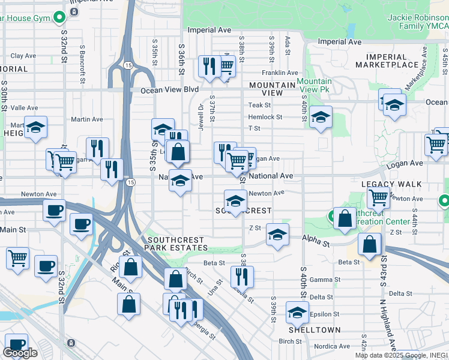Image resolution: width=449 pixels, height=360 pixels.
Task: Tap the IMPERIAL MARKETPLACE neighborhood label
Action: (x=395, y=61)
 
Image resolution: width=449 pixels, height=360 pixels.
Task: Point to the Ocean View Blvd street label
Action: (x=169, y=90)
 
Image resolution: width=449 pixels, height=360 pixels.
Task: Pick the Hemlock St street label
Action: (x=265, y=117)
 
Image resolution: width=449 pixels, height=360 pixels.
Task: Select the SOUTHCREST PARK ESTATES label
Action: (x=178, y=243)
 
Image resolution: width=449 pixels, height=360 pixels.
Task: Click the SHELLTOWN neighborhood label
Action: (x=314, y=330)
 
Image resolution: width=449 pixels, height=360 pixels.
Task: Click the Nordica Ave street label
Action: (x=331, y=346)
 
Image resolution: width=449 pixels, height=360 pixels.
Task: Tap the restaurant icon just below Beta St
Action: (x=242, y=276)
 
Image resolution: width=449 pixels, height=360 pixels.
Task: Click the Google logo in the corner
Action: (x=19, y=353)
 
